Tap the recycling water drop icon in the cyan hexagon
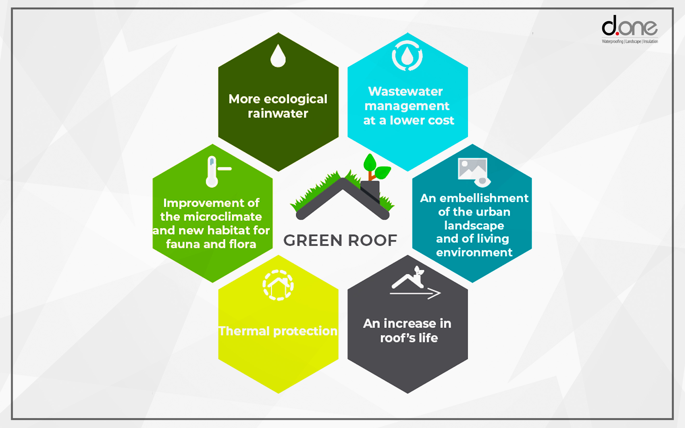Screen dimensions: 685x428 [407, 55]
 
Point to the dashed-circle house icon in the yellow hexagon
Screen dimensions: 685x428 [278, 285]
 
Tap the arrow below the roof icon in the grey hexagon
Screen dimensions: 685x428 [415, 293]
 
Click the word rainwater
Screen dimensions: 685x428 [278, 114]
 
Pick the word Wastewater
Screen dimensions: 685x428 [405, 91]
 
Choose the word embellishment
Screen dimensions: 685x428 [484, 198]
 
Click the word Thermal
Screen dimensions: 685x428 [244, 331]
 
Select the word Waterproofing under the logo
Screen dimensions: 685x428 [612, 41]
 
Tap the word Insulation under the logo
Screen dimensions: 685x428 [651, 41]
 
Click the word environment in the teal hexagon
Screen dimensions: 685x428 [474, 252]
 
